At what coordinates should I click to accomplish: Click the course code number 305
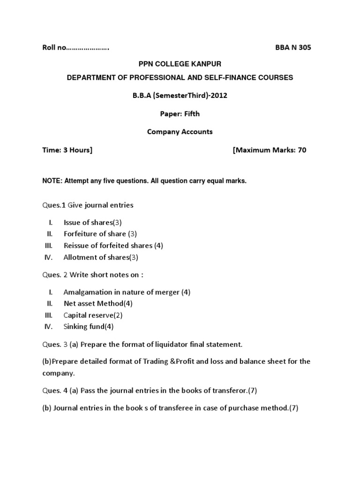click(x=304, y=47)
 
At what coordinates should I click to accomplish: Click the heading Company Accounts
click(x=180, y=132)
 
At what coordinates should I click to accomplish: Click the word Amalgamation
click(x=89, y=292)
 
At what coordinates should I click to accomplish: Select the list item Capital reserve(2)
click(x=93, y=315)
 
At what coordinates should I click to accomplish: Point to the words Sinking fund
click(x=84, y=327)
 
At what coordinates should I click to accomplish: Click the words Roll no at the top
click(x=49, y=47)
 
